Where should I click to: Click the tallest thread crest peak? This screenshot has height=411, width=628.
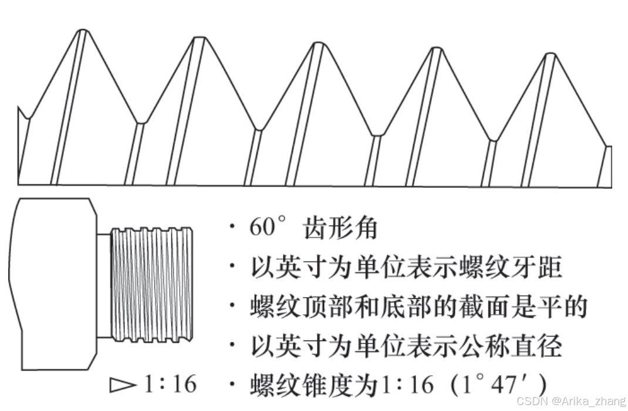coord(83,31)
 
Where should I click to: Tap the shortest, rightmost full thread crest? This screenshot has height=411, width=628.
coord(550,56)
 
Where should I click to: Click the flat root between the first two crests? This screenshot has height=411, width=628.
coord(140,123)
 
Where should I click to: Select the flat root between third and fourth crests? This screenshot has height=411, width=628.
coord(376,135)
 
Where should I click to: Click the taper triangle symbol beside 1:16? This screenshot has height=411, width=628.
coord(123,385)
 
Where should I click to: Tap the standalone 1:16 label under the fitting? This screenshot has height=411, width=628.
coord(170,385)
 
